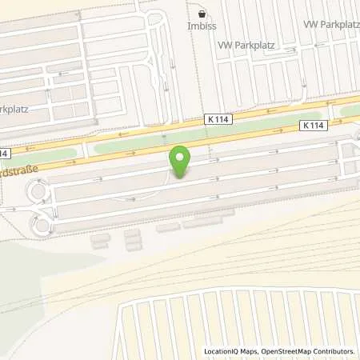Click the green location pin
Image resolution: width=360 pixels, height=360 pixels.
pyautogui.click(x=181, y=162)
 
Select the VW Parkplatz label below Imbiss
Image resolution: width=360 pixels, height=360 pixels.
pyautogui.click(x=246, y=46)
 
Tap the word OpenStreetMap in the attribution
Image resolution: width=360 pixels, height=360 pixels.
pyautogui.click(x=283, y=351)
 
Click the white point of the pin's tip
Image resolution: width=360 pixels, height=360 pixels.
pyautogui.click(x=181, y=178)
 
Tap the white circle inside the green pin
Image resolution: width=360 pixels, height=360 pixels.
pyautogui.click(x=181, y=158)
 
